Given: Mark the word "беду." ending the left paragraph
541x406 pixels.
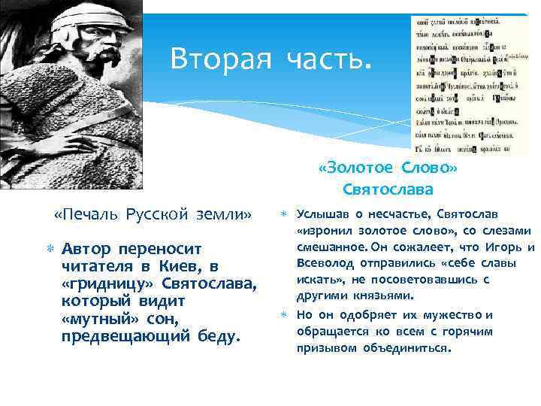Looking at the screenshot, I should [217, 335].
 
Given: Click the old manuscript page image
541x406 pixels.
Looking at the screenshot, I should [458, 83].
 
